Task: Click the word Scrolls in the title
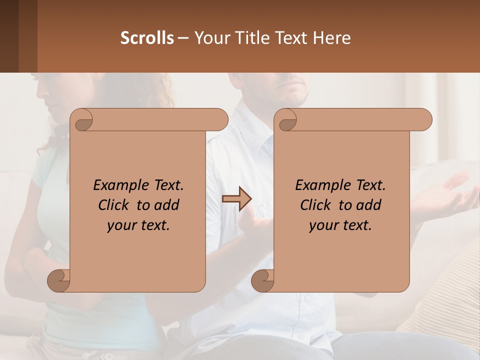(147, 38)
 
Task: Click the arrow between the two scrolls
(237, 199)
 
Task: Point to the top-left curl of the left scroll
(82, 120)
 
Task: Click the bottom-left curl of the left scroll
(59, 280)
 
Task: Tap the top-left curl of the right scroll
(286, 120)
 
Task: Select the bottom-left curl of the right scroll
(262, 280)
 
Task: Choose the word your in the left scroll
(122, 225)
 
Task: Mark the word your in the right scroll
(324, 225)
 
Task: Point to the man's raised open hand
(450, 192)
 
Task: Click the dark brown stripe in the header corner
(9, 36)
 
